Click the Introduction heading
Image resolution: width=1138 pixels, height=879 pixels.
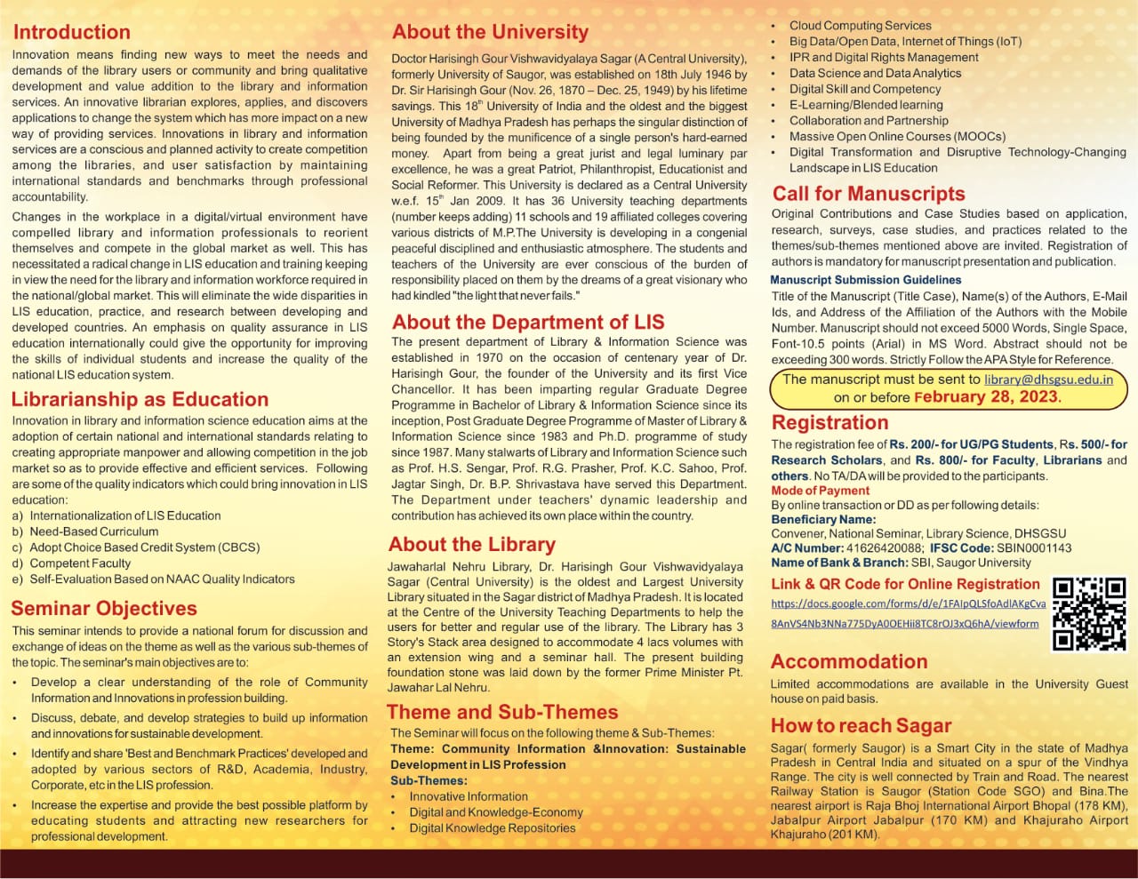point(72,32)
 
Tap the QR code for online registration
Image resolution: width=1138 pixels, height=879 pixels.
point(1089,613)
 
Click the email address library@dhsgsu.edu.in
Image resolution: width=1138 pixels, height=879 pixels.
point(1048,379)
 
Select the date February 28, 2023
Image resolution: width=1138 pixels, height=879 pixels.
point(987,397)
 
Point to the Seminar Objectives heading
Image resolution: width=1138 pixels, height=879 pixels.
point(104,609)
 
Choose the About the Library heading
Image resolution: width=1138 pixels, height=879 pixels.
point(472,545)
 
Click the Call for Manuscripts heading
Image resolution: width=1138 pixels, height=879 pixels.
point(868,194)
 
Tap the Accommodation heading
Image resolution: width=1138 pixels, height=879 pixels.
point(849,661)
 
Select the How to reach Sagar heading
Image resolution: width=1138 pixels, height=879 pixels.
point(861,725)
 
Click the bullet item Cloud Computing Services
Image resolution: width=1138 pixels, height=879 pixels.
point(860,26)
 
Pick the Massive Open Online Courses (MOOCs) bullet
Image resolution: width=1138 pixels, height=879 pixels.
point(897,137)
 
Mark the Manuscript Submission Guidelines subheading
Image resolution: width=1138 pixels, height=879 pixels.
point(865,279)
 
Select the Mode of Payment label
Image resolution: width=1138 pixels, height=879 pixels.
point(821,491)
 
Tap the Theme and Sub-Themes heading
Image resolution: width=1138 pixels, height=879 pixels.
point(502,712)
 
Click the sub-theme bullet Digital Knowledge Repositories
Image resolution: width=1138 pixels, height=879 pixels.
point(492,828)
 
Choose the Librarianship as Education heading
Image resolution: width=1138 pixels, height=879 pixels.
point(140,400)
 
